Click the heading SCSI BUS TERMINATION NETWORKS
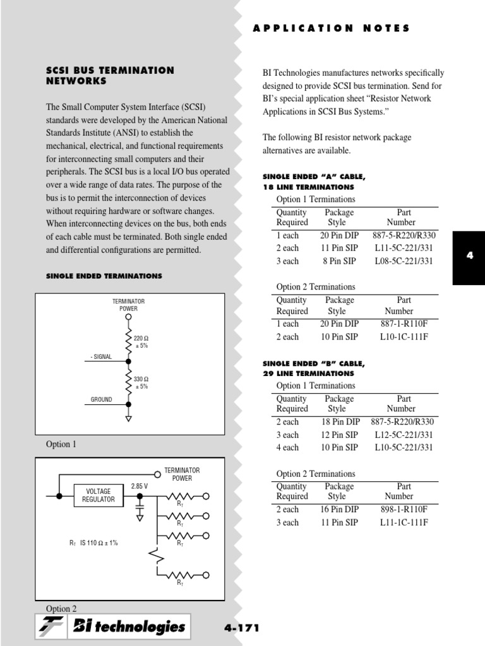pos(110,76)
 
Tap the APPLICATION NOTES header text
pos(331,28)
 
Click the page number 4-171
pos(242,628)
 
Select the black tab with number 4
pos(469,255)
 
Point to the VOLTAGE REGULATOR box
pos(99,495)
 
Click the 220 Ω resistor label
pos(141,342)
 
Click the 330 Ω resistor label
pos(141,383)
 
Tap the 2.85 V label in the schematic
pos(140,486)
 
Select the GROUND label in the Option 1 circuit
pos(101,399)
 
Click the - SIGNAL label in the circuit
pos(101,356)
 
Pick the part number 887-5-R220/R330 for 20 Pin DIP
pos(404,235)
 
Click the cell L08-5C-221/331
pos(404,261)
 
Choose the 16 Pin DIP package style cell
pos(339,509)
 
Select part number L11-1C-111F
pos(404,522)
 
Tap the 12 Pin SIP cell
pos(339,435)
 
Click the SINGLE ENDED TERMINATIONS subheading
pos(104,276)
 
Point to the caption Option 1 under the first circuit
pos(61,444)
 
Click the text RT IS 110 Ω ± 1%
pos(93,543)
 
